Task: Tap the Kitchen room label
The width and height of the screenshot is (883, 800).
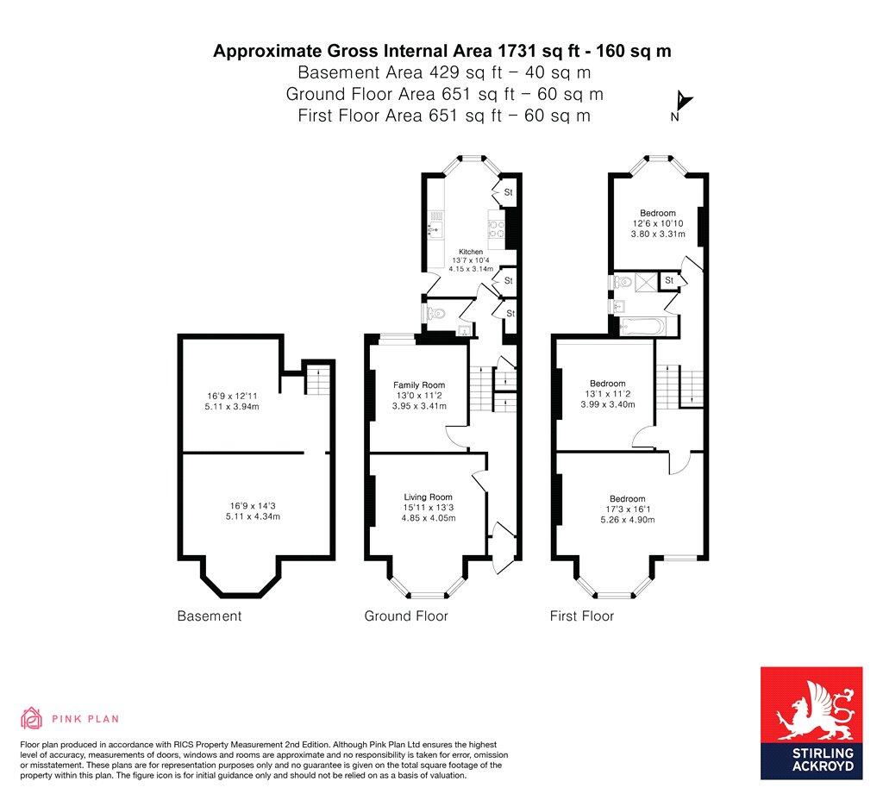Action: (470, 252)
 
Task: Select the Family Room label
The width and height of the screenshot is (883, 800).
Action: (419, 385)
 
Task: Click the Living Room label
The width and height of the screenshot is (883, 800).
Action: (429, 497)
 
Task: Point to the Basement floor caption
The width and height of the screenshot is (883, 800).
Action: (209, 616)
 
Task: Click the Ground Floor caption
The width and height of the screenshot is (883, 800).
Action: (405, 616)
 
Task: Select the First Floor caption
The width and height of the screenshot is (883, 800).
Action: (582, 616)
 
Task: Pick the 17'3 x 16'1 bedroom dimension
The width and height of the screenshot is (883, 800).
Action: (627, 509)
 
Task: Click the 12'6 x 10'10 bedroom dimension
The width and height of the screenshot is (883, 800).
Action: (657, 223)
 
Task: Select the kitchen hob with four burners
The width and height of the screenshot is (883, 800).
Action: (498, 228)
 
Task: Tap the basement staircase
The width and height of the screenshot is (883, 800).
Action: (318, 378)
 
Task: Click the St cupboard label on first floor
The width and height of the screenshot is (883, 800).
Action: (668, 280)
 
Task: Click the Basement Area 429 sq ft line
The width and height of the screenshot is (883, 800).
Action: (442, 72)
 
